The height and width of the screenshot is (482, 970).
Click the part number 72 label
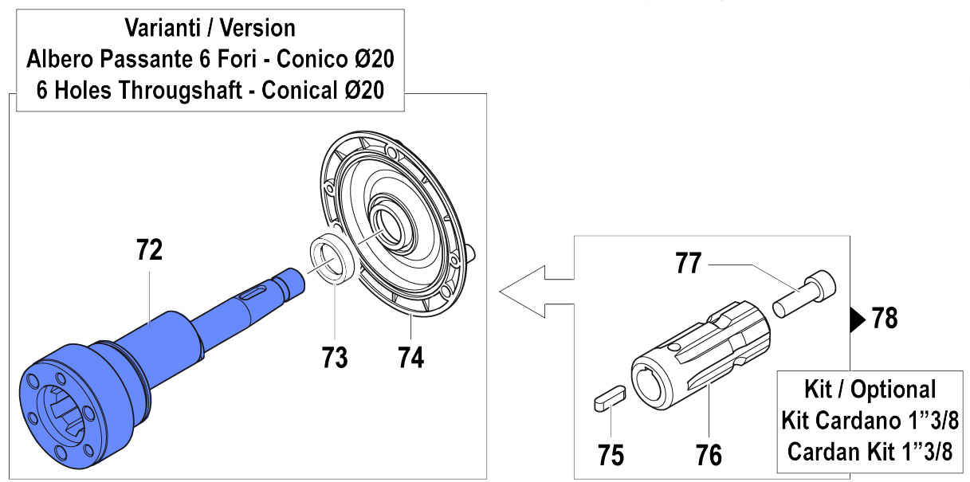pos(149,250)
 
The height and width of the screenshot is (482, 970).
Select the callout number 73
pos(335,357)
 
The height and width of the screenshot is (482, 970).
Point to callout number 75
pos(611,455)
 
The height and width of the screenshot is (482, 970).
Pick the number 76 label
pos(709,455)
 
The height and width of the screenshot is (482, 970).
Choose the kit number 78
pos(885,319)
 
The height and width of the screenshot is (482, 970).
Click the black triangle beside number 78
pos(857,319)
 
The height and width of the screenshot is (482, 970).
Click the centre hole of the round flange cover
pos(391,225)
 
